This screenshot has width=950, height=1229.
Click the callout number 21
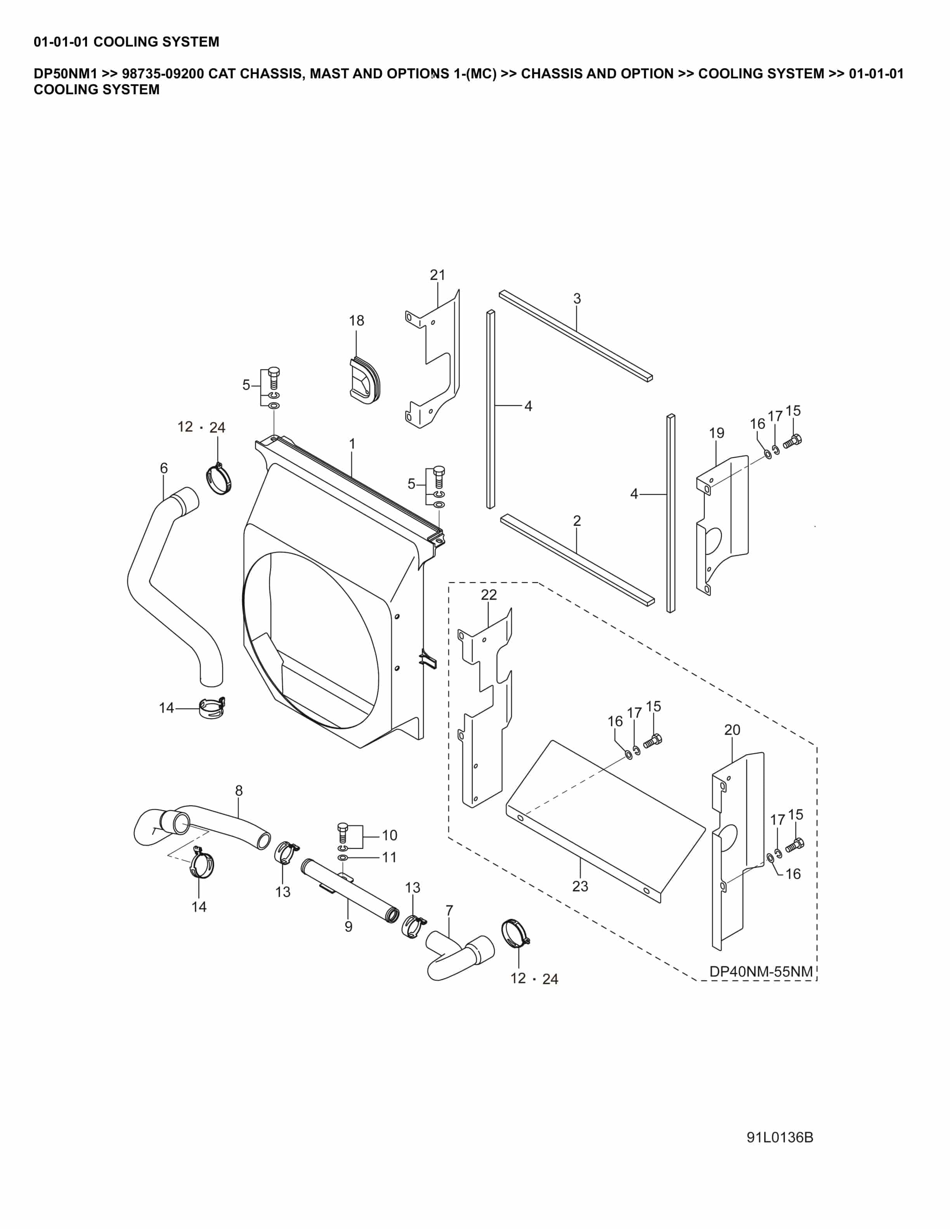tap(437, 275)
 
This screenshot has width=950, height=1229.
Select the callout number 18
tap(356, 321)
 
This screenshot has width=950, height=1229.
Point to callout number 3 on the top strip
tap(577, 299)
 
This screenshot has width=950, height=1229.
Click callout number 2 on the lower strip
tap(577, 521)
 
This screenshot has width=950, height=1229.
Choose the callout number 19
tap(716, 433)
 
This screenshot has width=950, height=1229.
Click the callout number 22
tap(489, 595)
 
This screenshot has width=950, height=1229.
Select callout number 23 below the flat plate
tap(580, 886)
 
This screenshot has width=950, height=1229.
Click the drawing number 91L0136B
tap(780, 1137)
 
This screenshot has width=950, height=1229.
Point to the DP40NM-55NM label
tap(760, 971)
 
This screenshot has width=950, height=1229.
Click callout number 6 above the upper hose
tap(164, 468)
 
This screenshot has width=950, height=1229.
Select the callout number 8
tap(239, 791)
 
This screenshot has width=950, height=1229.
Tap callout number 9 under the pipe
tap(348, 926)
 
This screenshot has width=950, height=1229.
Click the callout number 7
tap(449, 910)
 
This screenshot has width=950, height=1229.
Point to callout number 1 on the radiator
tap(352, 444)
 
